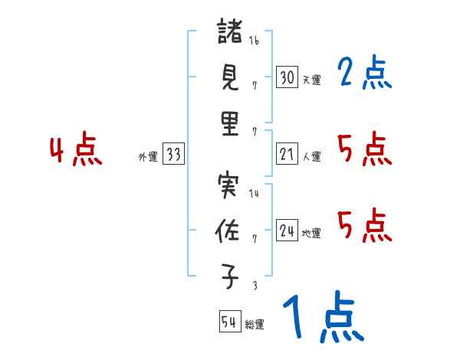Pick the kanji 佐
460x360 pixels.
[x=230, y=232]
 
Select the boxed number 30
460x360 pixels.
[x=287, y=77]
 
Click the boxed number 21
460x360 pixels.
[x=287, y=155]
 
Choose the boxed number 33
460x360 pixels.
[x=173, y=155]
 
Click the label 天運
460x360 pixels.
[x=311, y=80]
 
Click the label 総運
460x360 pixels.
[x=255, y=324]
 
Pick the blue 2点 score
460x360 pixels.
[x=365, y=74]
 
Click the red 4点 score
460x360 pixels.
[x=77, y=150]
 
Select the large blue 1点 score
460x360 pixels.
[x=322, y=318]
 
